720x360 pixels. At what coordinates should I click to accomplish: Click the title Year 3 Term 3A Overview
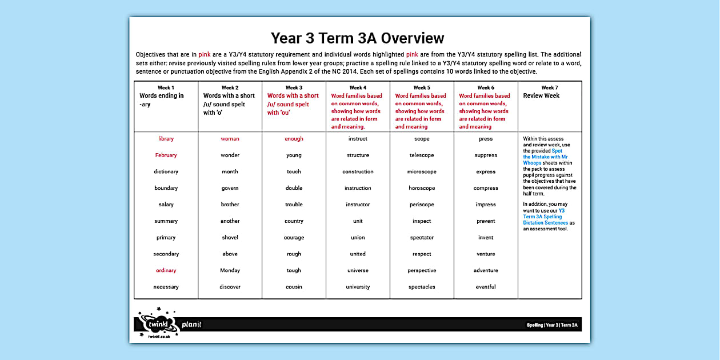pos(357,38)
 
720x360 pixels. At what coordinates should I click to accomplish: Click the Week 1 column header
pos(166,87)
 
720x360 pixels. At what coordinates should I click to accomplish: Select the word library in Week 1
pos(166,139)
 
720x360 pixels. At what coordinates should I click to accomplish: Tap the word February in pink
pos(166,155)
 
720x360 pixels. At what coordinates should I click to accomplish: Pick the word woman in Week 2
pos(230,139)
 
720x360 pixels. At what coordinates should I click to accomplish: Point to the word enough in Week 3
pos(294,139)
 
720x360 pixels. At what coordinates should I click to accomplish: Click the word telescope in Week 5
pos(422,155)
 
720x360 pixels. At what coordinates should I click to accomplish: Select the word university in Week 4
pos(358,287)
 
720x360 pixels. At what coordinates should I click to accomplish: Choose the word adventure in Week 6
pos(486,270)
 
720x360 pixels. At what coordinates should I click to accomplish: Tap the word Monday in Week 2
pos(230,270)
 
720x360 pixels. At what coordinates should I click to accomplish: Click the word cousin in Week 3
pos(294,287)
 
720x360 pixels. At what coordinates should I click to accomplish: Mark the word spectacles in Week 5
pos(422,287)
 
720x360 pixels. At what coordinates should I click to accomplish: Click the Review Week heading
pos(541,95)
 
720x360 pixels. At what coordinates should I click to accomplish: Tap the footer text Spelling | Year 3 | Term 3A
pos(552,325)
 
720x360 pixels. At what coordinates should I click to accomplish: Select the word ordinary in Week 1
pos(166,270)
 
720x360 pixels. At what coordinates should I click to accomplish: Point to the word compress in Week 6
pos(486,188)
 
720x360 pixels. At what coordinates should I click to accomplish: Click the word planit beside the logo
pos(191,325)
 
